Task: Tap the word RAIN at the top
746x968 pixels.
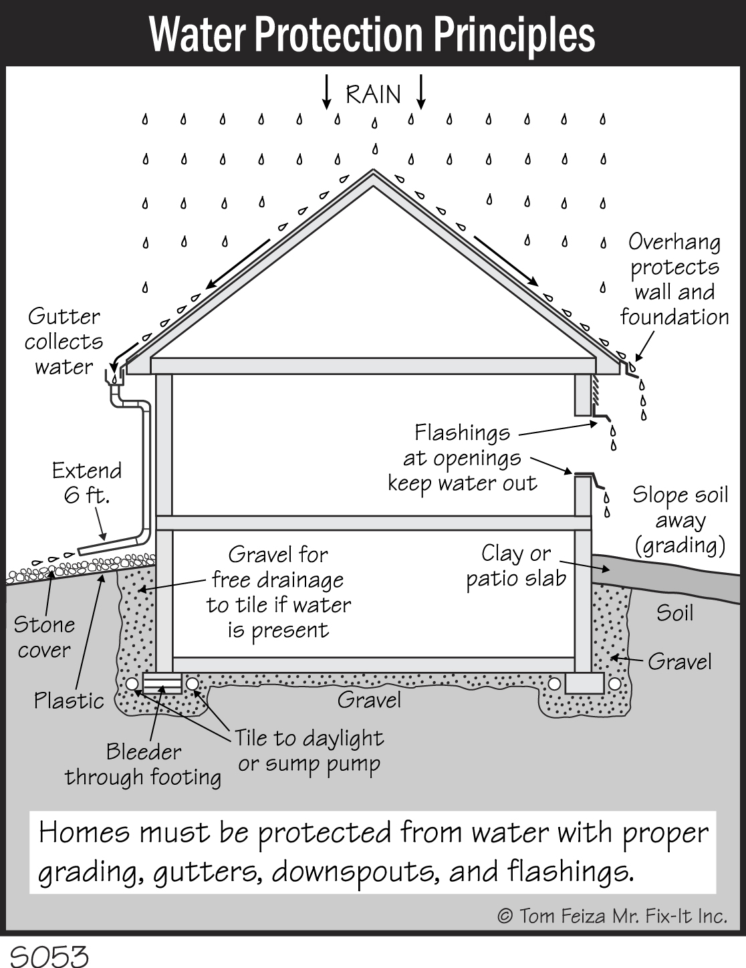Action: [373, 94]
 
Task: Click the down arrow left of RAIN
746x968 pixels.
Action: [327, 92]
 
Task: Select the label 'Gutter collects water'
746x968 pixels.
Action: [64, 342]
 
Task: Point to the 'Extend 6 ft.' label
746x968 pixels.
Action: [87, 483]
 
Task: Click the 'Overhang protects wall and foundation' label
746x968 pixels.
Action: [674, 279]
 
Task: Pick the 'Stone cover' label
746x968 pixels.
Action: [44, 637]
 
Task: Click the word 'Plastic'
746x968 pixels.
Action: [69, 701]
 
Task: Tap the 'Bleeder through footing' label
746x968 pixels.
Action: [143, 765]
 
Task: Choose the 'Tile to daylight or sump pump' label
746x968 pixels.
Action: [309, 751]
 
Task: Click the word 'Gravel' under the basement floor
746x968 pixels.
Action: [369, 700]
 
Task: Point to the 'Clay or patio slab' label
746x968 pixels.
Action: [516, 566]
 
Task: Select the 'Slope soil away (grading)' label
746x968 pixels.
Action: [680, 521]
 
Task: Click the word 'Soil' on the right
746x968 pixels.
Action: [674, 613]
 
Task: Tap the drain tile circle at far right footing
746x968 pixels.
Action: [614, 684]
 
